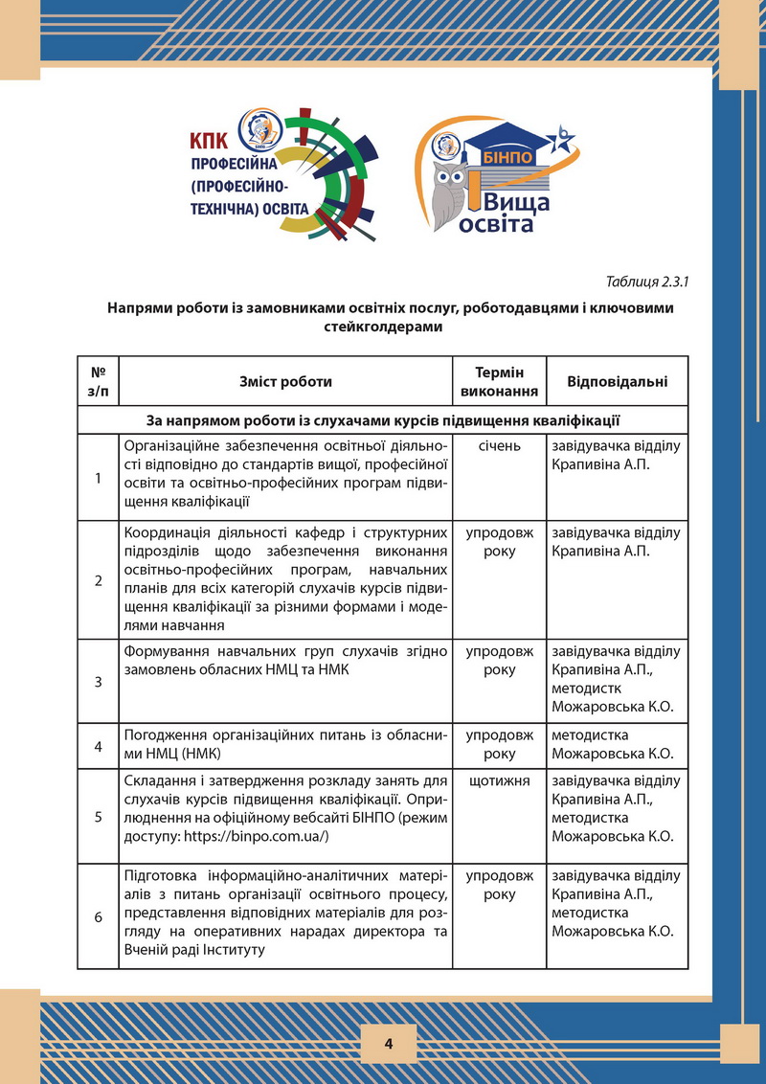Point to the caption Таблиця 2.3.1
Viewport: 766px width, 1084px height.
point(647,282)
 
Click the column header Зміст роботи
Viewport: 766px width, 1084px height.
point(285,381)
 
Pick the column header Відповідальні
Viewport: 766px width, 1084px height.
point(617,381)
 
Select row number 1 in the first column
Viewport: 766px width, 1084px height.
point(99,479)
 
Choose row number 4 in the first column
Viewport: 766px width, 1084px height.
point(99,747)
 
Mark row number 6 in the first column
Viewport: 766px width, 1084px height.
point(99,916)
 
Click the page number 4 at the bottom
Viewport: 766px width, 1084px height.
point(389,1043)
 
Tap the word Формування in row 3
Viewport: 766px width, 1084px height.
point(167,651)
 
